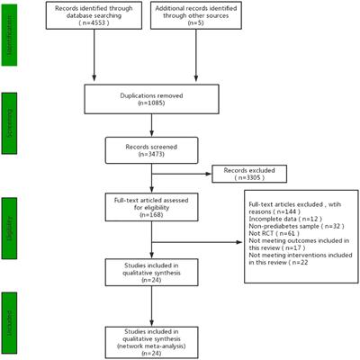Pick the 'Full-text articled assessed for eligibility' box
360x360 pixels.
click(152, 208)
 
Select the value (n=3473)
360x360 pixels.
click(152, 156)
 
